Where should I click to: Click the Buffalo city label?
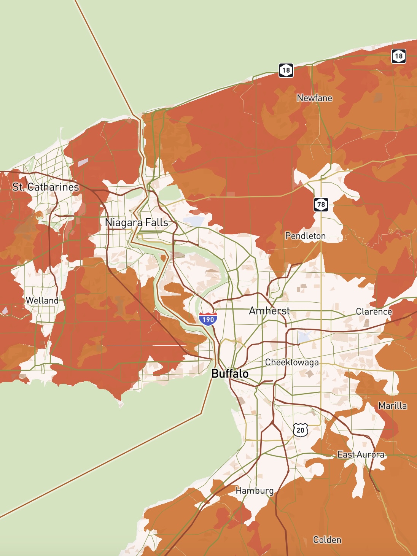point(230,373)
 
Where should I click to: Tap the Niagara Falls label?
point(136,222)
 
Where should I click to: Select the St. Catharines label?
point(46,187)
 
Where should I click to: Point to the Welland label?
point(42,300)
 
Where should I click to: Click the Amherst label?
point(269,311)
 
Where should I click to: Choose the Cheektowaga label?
point(292,362)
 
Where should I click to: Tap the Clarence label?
point(374,311)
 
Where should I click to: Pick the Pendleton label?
point(305,236)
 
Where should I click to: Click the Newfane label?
point(314,98)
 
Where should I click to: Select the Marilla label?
point(392,406)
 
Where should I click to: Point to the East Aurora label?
point(361,454)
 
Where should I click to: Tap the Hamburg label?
point(255,491)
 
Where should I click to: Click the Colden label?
point(327,540)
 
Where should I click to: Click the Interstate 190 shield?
point(208,319)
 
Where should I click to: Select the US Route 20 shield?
point(301,430)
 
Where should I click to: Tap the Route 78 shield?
point(321,205)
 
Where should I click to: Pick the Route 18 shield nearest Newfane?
point(286,70)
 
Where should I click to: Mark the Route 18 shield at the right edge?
point(398,56)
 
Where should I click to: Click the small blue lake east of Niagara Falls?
point(194,221)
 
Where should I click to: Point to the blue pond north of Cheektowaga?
point(303,337)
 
